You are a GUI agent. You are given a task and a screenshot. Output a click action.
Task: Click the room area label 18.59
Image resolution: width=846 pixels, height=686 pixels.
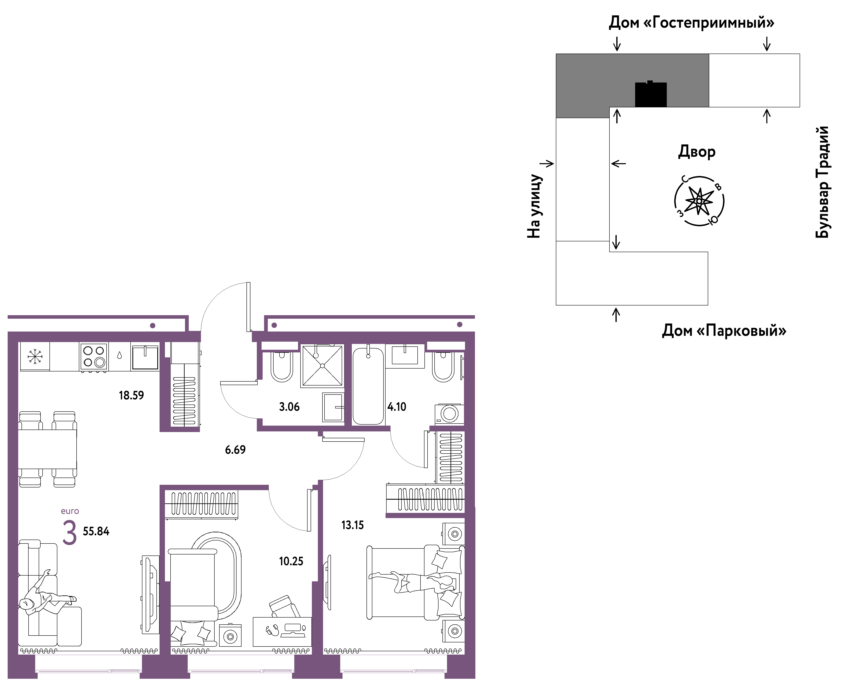tap(131, 395)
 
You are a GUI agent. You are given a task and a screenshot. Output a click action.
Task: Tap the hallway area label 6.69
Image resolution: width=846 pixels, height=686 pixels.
tap(235, 450)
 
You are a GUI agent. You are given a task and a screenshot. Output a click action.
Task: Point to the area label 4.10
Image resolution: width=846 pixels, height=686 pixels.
tap(397, 407)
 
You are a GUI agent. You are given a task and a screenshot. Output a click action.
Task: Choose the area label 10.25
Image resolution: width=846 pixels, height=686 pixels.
tap(291, 561)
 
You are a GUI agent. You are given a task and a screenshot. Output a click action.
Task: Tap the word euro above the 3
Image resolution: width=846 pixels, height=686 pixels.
tap(70, 511)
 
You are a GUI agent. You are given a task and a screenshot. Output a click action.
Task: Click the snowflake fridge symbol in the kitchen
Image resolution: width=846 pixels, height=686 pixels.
tap(35, 356)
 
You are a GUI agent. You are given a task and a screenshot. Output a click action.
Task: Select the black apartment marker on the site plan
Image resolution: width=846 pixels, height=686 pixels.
tap(651, 94)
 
